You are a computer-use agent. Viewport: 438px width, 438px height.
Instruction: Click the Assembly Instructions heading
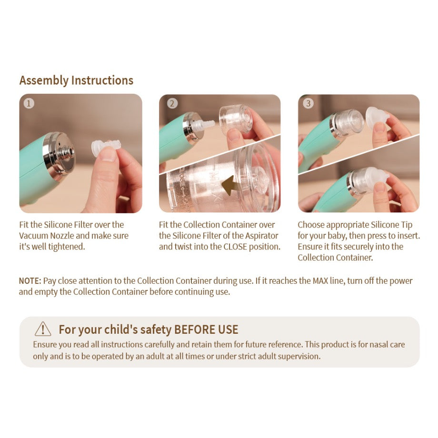pos(76,80)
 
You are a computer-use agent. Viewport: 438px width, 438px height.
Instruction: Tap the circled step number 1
pos(29,104)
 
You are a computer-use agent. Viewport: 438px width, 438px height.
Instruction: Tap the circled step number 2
pos(172,104)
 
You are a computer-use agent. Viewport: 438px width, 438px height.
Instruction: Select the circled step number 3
pos(308,104)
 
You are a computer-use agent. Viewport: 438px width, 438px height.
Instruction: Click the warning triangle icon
pos(43,329)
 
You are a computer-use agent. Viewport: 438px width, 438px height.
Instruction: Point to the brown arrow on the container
pos(231,185)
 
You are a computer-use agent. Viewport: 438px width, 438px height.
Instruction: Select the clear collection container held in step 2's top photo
pos(236,119)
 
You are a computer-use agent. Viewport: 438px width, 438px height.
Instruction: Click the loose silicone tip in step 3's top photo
pos(378,117)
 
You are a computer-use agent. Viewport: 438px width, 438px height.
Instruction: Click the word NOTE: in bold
pos(30,281)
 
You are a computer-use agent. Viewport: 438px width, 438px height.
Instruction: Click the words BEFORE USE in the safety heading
pos(206,329)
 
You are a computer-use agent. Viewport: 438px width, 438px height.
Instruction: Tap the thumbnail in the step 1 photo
pos(108,155)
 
